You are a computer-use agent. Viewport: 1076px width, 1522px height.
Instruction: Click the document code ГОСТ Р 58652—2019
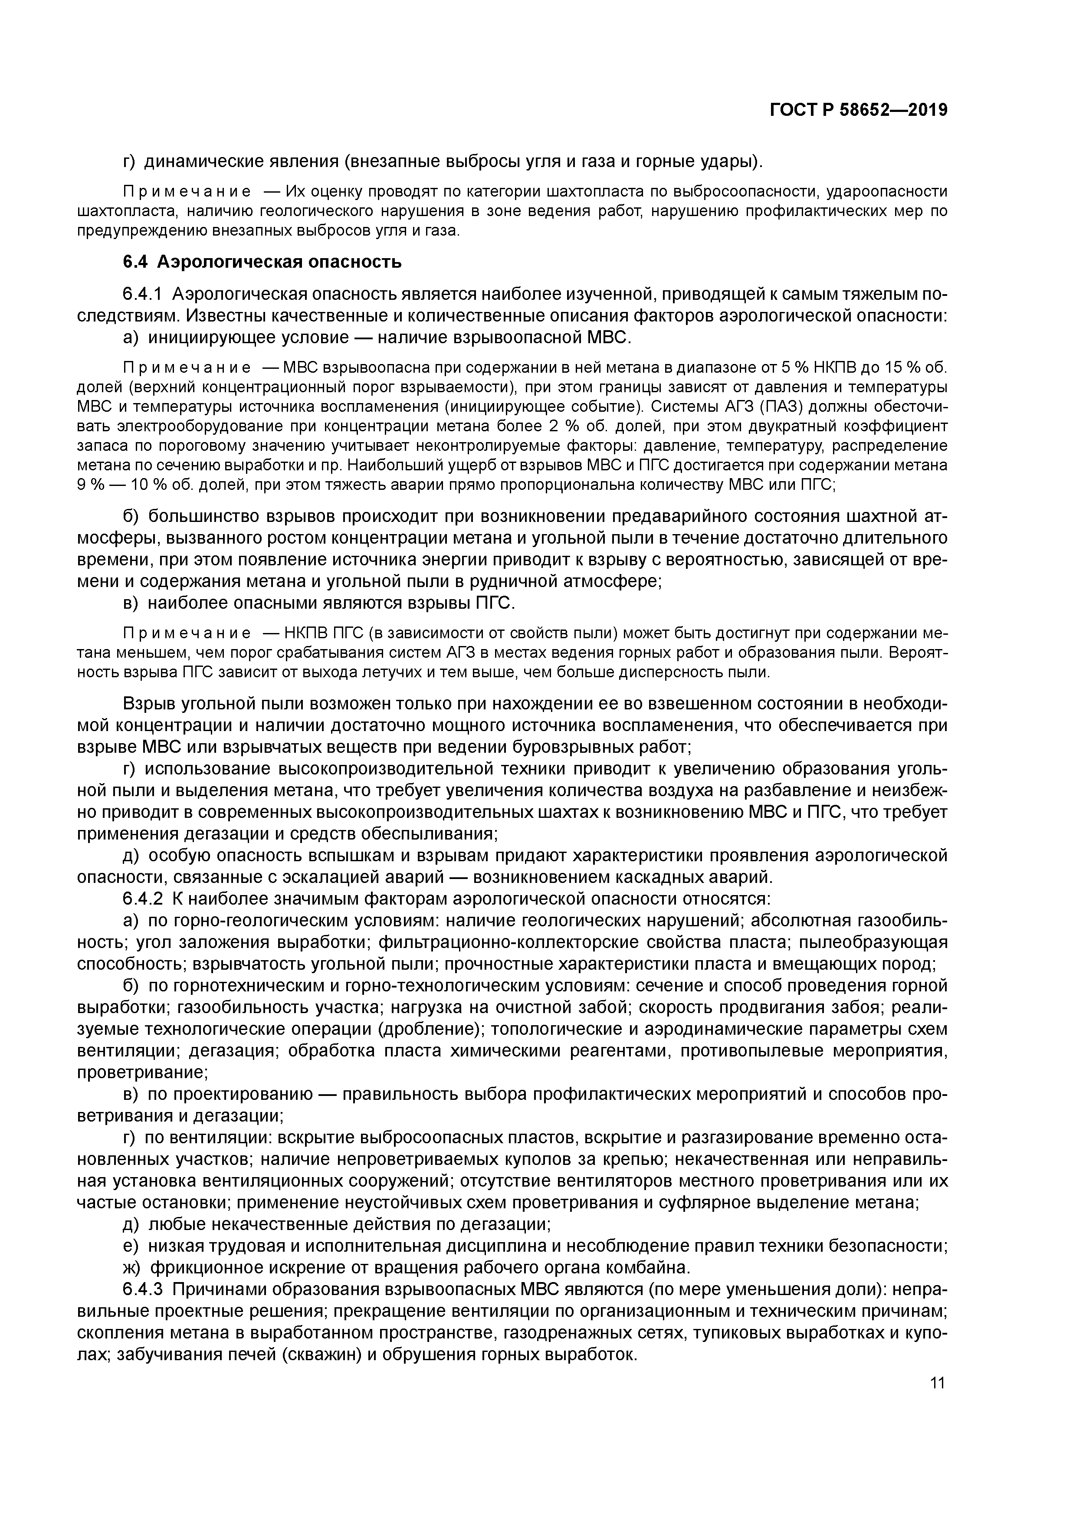[859, 111]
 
